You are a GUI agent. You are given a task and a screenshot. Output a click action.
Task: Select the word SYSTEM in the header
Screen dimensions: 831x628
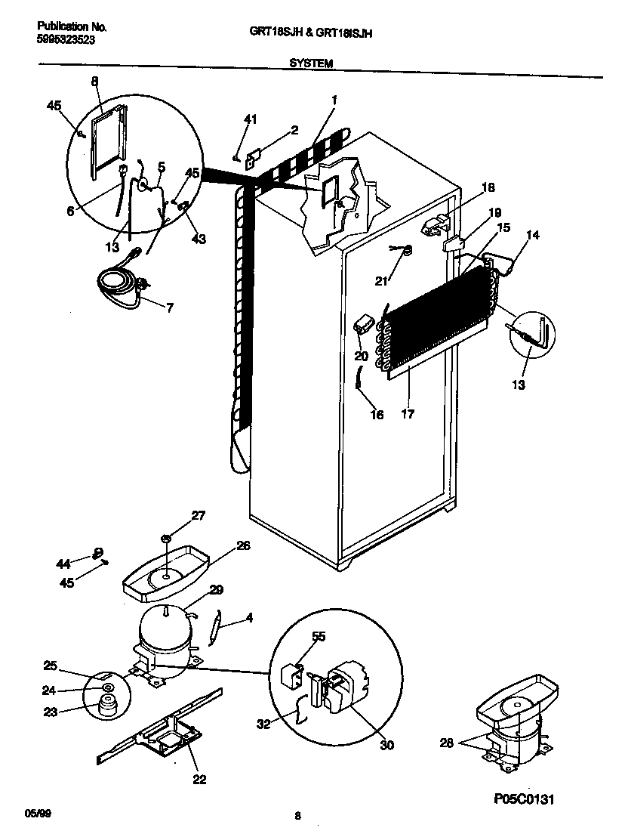pos(311,65)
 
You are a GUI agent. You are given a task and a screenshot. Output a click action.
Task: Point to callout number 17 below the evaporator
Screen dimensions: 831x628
pos(408,414)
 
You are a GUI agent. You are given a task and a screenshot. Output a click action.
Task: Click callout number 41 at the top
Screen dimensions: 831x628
pos(250,119)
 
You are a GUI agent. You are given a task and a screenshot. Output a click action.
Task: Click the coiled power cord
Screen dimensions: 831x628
pos(119,286)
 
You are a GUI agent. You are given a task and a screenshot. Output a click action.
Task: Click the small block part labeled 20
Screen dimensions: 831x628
pos(362,325)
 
